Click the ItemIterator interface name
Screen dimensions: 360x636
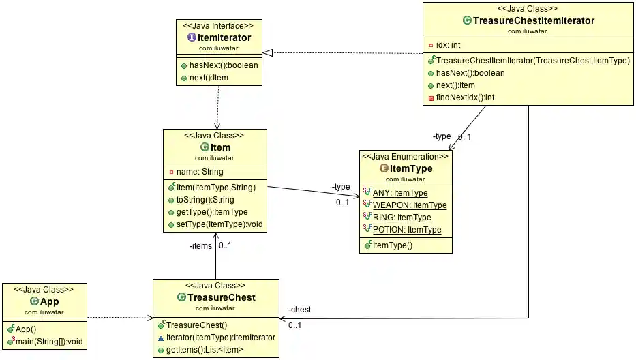click(x=224, y=38)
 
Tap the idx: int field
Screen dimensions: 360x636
click(x=448, y=45)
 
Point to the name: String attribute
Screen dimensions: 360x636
click(x=200, y=172)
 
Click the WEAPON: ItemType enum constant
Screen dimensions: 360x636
click(x=409, y=205)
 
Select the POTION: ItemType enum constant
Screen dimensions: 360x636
click(x=406, y=230)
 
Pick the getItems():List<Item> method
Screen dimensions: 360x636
click(x=205, y=349)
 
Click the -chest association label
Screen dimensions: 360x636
click(x=299, y=310)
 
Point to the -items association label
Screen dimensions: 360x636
click(x=200, y=246)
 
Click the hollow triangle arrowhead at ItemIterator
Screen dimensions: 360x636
click(x=268, y=52)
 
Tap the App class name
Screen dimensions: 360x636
click(x=49, y=301)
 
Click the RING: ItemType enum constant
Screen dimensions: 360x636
click(x=402, y=217)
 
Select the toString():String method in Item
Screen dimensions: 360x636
click(x=200, y=200)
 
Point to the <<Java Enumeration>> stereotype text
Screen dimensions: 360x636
click(x=405, y=157)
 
